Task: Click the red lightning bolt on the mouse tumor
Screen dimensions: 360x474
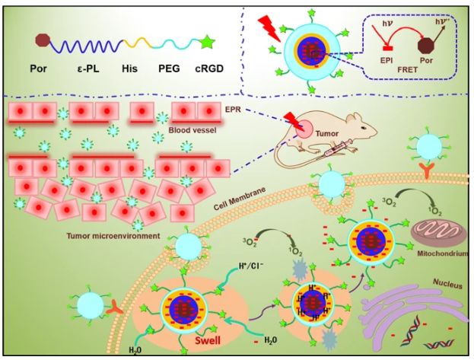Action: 292,119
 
